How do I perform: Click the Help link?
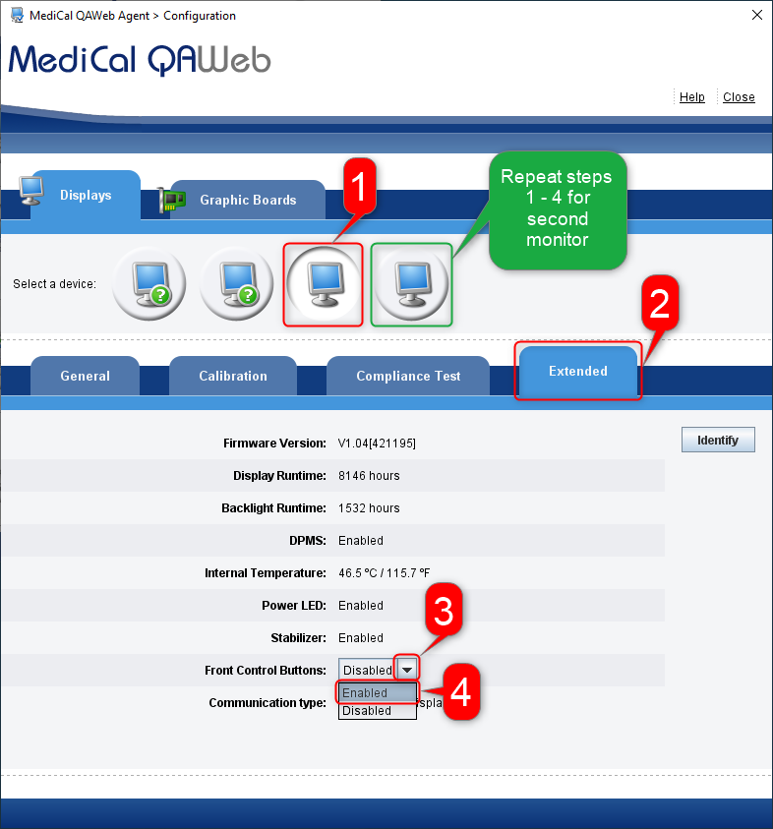pos(691,97)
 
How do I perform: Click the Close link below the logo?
pos(739,97)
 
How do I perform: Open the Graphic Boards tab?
pos(247,200)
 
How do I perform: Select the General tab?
pos(85,376)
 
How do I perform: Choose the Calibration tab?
pos(233,376)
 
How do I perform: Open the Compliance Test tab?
pos(408,376)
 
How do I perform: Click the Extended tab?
pos(578,371)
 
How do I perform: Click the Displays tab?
pos(86,195)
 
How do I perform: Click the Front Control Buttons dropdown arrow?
pos(407,670)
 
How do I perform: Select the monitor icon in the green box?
pos(411,284)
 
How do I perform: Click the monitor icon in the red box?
pos(323,284)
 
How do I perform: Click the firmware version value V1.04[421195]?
pos(377,444)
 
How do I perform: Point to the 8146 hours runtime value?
pos(369,476)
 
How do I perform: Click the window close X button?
pos(756,15)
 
